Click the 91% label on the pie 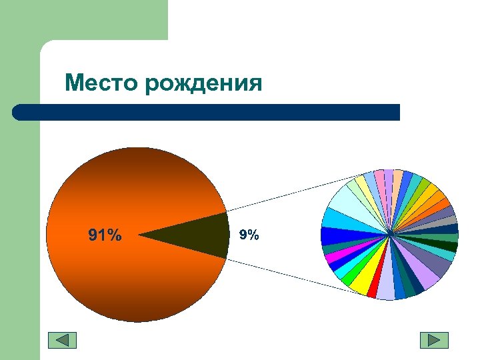point(105,235)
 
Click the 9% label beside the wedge point(249,235)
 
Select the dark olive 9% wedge point(200,235)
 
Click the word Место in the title point(101,83)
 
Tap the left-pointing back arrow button point(62,340)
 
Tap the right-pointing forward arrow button point(434,340)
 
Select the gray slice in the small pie point(447,221)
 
